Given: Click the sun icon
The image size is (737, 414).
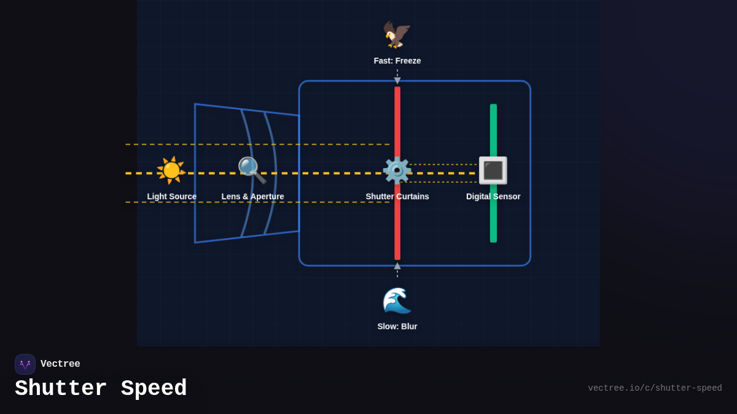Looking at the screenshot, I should click(171, 171).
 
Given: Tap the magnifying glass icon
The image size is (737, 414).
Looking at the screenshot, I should click(252, 171).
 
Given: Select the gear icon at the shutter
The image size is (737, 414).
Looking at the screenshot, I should click(397, 171).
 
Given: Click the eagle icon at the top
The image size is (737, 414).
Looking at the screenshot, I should click(397, 34).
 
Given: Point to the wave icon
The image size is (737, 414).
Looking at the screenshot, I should click(397, 301).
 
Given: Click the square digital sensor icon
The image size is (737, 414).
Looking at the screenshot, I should click(493, 171).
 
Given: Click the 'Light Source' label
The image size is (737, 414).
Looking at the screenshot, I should click(172, 197).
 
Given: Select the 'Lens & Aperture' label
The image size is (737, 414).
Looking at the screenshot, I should click(253, 197).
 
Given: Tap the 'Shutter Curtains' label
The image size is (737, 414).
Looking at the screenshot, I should click(397, 197).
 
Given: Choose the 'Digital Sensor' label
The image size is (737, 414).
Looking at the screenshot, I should click(493, 197).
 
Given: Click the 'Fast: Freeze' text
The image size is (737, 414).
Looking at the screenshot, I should click(397, 61).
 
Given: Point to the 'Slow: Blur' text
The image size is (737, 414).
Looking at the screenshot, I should click(397, 326).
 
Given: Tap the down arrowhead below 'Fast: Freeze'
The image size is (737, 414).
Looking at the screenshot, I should click(397, 80).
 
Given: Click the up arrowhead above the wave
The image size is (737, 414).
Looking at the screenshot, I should click(397, 266).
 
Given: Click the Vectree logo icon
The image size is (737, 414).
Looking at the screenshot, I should click(25, 364).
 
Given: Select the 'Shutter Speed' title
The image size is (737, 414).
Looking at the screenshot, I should click(101, 389).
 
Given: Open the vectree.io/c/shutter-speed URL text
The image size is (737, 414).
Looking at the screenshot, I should click(655, 388).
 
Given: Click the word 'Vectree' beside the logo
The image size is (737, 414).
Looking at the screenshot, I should click(60, 364).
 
